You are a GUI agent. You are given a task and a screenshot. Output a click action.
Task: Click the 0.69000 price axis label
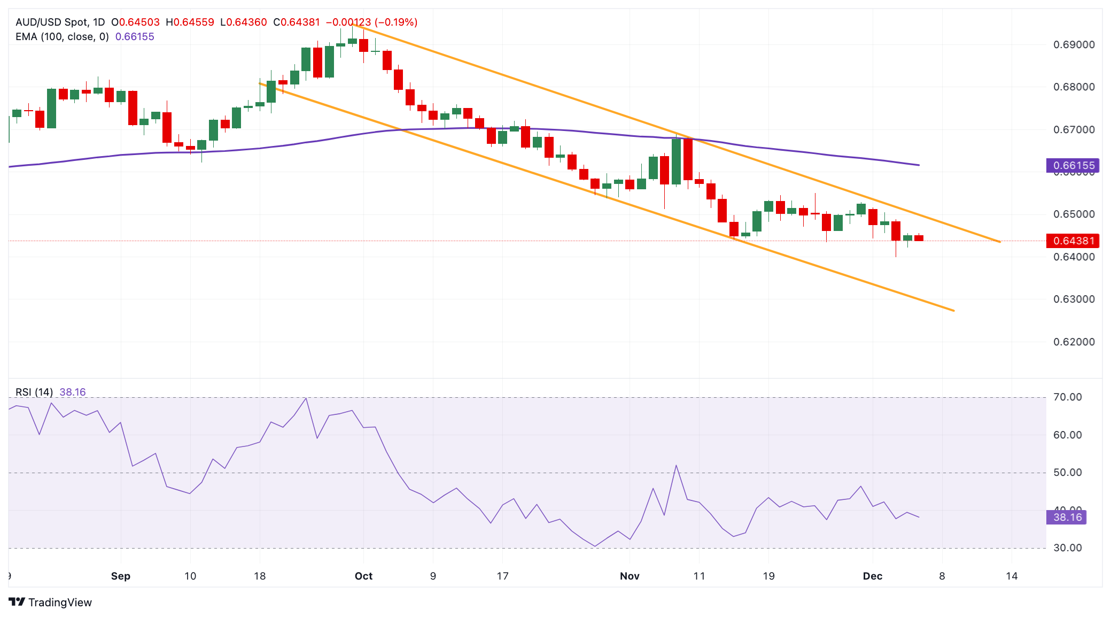click(x=1074, y=44)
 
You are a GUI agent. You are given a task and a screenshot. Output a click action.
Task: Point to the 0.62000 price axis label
click(x=1074, y=342)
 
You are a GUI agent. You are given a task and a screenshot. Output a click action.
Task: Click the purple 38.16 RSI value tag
click(x=1067, y=517)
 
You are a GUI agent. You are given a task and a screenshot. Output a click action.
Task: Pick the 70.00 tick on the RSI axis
click(x=1067, y=397)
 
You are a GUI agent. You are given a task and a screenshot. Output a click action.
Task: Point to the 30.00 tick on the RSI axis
click(x=1067, y=548)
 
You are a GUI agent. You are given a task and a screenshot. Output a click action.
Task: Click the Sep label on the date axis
click(x=121, y=576)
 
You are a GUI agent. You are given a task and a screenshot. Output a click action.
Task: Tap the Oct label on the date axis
click(x=363, y=576)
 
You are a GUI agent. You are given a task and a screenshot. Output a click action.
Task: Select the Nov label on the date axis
click(x=630, y=576)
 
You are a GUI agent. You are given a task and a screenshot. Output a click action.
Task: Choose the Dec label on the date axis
click(x=873, y=576)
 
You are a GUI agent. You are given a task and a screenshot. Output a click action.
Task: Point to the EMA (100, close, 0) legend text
click(x=62, y=37)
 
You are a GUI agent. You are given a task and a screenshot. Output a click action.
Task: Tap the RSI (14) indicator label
click(x=34, y=392)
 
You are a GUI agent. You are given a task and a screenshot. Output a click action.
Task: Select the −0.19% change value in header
click(x=396, y=22)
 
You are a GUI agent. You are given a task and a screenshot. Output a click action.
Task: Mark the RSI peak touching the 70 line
click(x=305, y=398)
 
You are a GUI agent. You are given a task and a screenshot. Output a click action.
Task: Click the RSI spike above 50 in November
click(x=676, y=466)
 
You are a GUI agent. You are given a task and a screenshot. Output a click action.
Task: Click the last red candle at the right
click(x=919, y=238)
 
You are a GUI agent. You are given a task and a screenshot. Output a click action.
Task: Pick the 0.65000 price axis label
click(x=1074, y=214)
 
